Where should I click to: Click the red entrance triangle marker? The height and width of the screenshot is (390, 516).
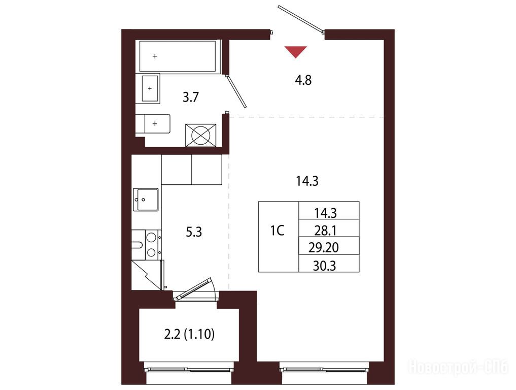[295, 51]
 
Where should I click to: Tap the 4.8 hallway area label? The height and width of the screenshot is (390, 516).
[303, 80]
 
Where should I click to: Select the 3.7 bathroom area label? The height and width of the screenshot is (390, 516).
[191, 97]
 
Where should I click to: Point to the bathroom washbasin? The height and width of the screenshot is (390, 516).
[151, 88]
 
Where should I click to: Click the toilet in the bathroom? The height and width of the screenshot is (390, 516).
[153, 123]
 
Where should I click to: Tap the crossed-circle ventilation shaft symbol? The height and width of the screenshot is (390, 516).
[201, 135]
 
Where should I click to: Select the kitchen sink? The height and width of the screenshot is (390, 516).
[146, 199]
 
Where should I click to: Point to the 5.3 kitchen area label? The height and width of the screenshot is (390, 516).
[194, 232]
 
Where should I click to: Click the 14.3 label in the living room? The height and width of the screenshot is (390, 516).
[307, 181]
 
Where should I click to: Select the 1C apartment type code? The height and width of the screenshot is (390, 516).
[277, 231]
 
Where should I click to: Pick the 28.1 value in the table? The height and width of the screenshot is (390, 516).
[325, 231]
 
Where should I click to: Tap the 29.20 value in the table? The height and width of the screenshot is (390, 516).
[324, 248]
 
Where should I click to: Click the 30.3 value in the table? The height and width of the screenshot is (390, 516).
[325, 266]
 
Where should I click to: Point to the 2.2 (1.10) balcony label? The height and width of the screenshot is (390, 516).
[189, 334]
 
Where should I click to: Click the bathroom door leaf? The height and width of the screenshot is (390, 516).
[236, 91]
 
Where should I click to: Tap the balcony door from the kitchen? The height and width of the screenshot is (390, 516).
[195, 289]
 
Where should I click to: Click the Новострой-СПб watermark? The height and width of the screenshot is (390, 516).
[458, 367]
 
